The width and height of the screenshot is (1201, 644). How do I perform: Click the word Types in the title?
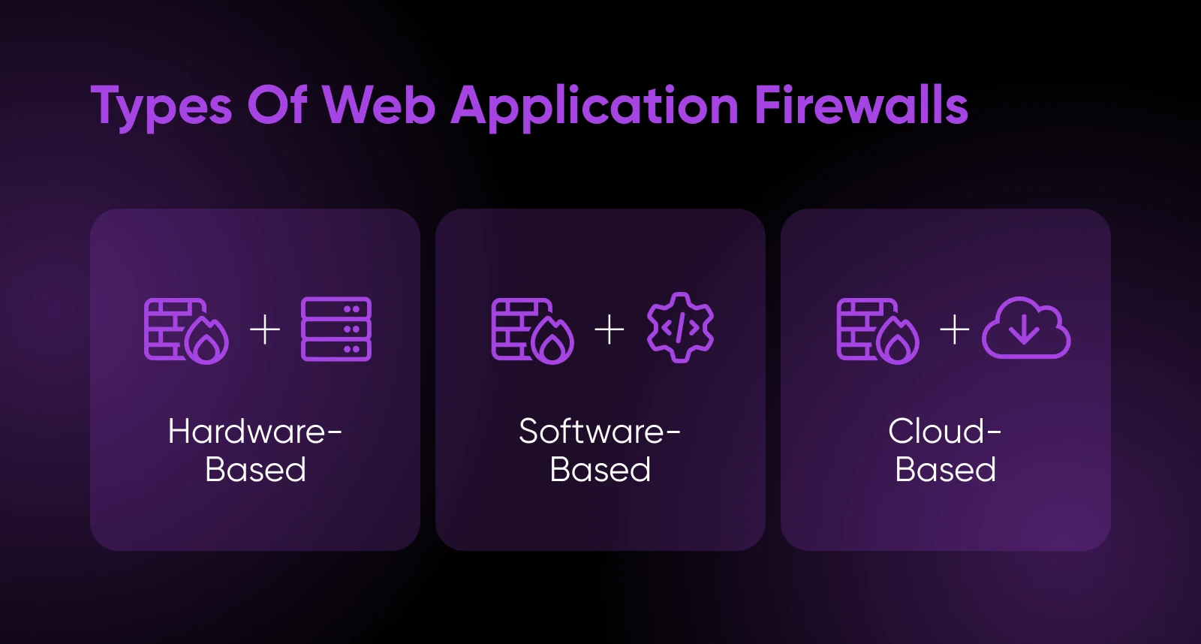click(x=161, y=106)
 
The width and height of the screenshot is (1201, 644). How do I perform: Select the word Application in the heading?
click(x=594, y=106)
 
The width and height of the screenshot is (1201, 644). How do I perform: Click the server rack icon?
click(x=336, y=330)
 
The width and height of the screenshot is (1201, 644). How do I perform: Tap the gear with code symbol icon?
click(x=680, y=328)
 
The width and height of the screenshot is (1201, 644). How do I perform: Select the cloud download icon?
click(x=1026, y=328)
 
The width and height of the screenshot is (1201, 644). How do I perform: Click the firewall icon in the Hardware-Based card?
click(x=186, y=330)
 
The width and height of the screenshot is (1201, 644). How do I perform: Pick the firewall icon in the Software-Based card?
click(x=532, y=330)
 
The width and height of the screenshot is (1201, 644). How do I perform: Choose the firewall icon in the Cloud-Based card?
click(x=877, y=330)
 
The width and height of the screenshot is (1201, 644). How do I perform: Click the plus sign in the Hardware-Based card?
click(x=265, y=330)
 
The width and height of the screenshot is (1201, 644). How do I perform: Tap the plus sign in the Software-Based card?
click(x=610, y=330)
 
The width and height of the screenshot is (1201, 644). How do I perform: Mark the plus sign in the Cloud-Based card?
click(x=955, y=330)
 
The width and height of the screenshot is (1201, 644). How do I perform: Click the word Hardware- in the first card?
click(x=255, y=432)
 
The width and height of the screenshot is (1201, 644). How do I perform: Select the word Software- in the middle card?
click(x=600, y=432)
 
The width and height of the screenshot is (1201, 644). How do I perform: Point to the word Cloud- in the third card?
click(x=945, y=432)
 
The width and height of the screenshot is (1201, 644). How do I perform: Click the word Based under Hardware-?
click(x=255, y=470)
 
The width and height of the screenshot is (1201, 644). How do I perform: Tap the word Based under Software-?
click(x=600, y=470)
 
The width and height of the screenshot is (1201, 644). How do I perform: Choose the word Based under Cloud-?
click(x=945, y=470)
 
